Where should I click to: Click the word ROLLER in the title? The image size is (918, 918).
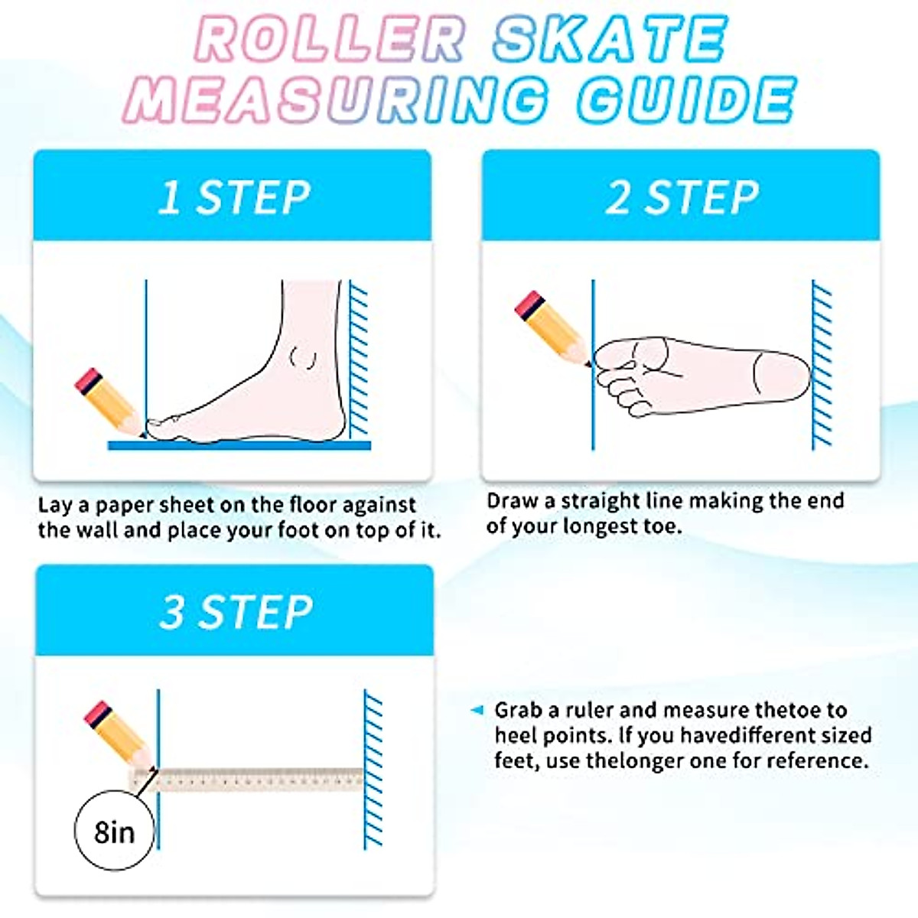point(330,40)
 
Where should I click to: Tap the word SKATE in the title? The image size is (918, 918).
point(609,40)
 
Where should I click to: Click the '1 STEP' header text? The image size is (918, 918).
point(233,197)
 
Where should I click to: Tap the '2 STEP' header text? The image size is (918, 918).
point(682,197)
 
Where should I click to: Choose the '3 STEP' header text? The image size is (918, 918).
point(236,612)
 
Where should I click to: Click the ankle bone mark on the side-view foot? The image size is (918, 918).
point(304,357)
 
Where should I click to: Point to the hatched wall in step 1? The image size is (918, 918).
point(358,360)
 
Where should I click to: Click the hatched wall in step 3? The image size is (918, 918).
point(373,769)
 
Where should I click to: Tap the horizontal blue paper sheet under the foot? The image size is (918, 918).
point(239,445)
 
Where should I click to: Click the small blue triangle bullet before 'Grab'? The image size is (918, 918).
point(477,711)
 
